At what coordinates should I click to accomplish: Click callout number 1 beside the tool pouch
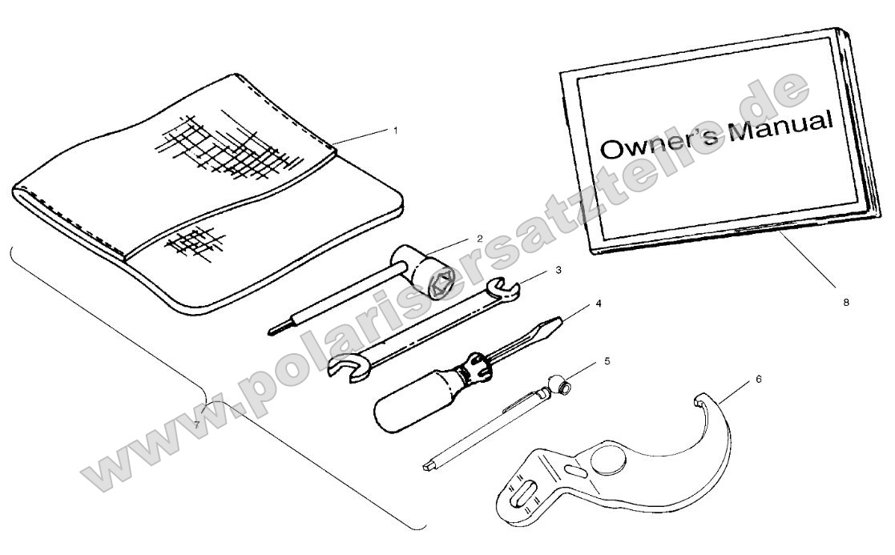click(396, 131)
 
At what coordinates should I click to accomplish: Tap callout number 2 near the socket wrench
click(480, 239)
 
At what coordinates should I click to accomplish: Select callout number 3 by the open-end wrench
click(558, 270)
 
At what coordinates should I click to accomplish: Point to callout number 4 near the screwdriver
click(599, 304)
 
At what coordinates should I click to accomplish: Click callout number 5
click(607, 361)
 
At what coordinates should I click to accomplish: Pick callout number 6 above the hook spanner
click(759, 379)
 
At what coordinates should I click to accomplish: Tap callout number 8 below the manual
click(846, 302)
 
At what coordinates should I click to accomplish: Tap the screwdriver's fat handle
click(413, 400)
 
